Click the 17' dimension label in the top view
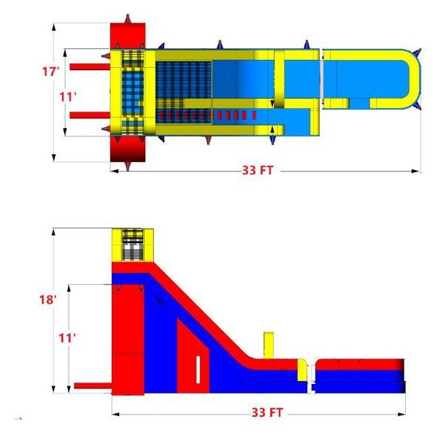[50, 72]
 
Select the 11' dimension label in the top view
[68, 97]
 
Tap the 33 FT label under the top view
[257, 170]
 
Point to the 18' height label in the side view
[48, 299]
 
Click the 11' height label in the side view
[67, 338]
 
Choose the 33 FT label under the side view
[267, 412]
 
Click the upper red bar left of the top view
[90, 66]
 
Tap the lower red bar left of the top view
[90, 115]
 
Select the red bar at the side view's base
[93, 385]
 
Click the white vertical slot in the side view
[198, 370]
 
